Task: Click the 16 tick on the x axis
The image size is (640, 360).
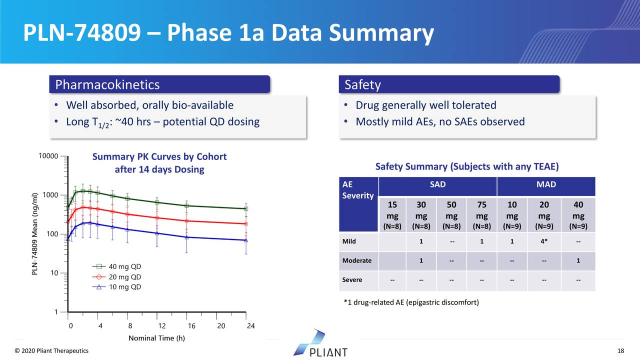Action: click(x=191, y=326)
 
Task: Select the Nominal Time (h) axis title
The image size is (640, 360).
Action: click(x=156, y=338)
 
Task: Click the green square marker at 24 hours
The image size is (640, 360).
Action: click(x=246, y=208)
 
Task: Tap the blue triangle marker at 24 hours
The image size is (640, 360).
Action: click(x=246, y=240)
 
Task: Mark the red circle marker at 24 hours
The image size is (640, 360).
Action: click(x=246, y=224)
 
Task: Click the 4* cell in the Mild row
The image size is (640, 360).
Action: click(x=544, y=241)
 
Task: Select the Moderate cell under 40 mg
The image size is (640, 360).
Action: click(x=578, y=260)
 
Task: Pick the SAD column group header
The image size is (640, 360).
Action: click(x=437, y=185)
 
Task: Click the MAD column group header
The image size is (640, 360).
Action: click(x=545, y=185)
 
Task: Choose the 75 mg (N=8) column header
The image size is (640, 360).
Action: click(x=481, y=215)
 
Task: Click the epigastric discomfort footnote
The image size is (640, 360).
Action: click(x=411, y=302)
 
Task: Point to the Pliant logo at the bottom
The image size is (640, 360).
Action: click(x=320, y=344)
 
